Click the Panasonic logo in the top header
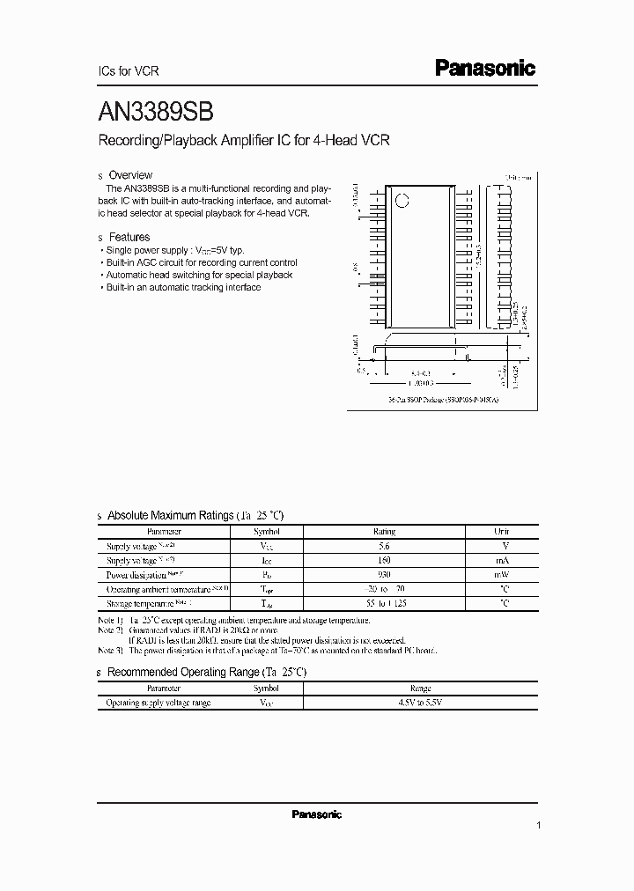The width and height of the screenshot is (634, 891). point(485,69)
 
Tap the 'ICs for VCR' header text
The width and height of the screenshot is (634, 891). point(127,71)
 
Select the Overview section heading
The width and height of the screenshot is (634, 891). point(129,175)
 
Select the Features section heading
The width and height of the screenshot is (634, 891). point(129,237)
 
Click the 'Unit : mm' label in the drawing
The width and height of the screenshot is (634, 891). point(519,176)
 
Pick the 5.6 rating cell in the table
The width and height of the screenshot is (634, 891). point(384,546)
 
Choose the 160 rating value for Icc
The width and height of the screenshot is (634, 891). point(384,560)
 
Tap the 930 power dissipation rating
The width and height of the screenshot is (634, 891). point(384,574)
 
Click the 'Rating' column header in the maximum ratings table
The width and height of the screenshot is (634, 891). point(384,532)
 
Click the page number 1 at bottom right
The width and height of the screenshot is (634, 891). point(537,825)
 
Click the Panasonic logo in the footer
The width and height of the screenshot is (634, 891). point(316,814)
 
